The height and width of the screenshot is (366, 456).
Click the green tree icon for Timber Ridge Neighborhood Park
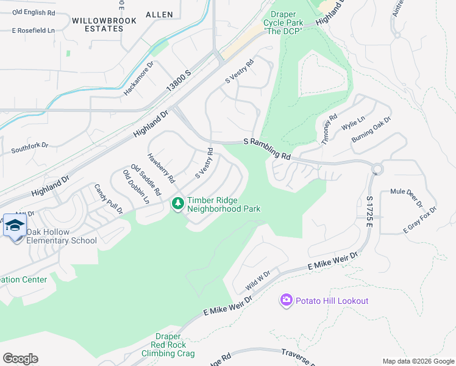(177, 204)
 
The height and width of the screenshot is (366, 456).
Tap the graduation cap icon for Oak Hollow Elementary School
(15, 227)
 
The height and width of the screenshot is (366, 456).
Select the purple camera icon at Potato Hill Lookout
(286, 300)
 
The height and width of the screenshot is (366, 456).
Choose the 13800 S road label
(179, 81)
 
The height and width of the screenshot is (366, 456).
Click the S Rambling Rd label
(268, 150)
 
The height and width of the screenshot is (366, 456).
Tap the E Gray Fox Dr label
(420, 220)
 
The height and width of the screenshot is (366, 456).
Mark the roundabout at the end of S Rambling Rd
(377, 168)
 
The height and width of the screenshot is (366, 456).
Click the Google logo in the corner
(20, 358)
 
